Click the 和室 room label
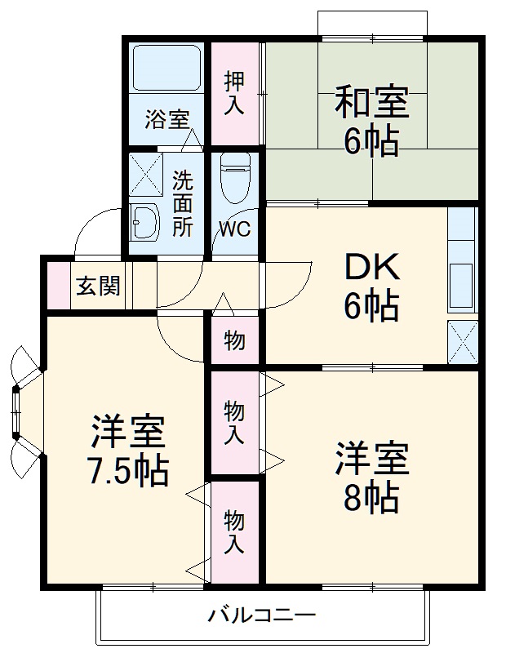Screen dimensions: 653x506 click(371, 104)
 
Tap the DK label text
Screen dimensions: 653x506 click(371, 267)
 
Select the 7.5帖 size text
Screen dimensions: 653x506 click(128, 471)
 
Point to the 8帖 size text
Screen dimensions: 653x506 click(371, 497)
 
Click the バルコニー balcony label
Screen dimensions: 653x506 click(260, 614)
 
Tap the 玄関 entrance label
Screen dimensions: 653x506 click(99, 287)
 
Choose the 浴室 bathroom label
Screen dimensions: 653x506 click(166, 119)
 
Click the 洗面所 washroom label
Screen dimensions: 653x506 click(183, 202)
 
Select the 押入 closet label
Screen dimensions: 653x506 click(235, 92)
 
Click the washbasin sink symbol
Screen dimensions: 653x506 click(148, 220)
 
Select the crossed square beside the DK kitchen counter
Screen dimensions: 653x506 click(463, 341)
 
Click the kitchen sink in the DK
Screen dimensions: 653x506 click(463, 285)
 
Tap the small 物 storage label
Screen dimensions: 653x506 click(234, 340)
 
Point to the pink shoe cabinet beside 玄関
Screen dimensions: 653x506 click(58, 286)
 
